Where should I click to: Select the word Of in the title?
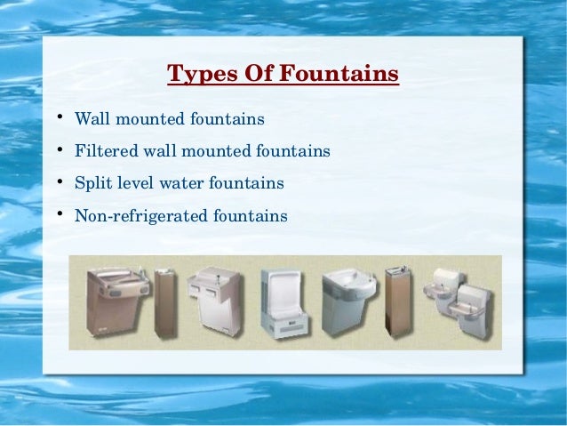pos(258,73)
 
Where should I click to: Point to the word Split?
pos(91,184)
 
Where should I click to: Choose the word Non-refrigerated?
pos(137,216)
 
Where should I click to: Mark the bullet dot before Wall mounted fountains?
pos(55,117)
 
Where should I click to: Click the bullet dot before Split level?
pos(55,183)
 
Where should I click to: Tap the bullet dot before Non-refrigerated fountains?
pos(55,215)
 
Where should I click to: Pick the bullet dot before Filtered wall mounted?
pos(55,150)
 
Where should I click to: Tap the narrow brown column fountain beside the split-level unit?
pos(393,299)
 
